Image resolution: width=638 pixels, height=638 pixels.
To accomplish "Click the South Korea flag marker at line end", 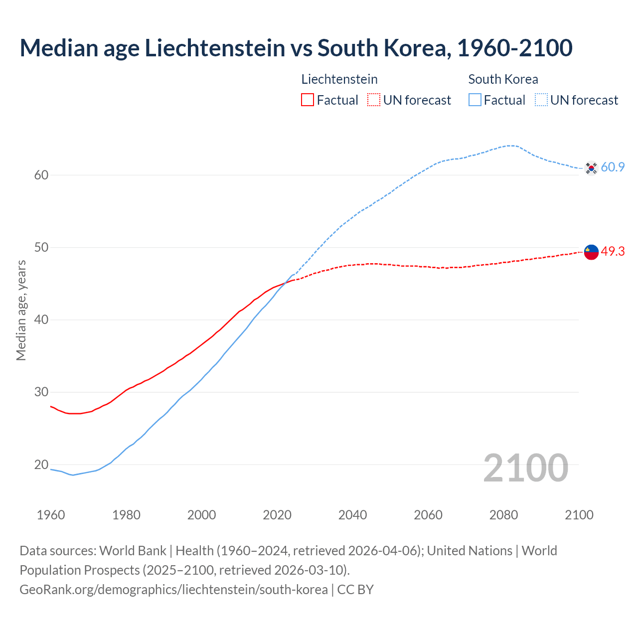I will coord(591,168).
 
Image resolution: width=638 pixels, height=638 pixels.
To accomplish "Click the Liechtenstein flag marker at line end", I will coord(591,252).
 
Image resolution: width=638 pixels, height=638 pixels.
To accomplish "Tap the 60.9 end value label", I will coord(613,167).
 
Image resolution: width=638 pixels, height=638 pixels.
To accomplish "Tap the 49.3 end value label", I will coord(613,252).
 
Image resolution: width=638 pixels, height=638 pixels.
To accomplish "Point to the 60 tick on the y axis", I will coord(41,175).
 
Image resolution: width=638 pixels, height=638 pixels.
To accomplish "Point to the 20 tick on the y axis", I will coord(41,465).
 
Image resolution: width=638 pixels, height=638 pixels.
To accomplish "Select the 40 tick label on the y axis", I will coord(41,319).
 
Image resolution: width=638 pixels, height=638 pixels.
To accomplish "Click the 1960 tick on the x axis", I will coord(51,515).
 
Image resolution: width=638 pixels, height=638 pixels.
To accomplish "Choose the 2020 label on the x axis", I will coord(277,515).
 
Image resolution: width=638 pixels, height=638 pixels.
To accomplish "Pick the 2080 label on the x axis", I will coord(503,515).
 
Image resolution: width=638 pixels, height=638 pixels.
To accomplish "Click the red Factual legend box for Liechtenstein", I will coord(308,100).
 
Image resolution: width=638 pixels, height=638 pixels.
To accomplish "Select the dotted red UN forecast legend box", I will coord(374,100).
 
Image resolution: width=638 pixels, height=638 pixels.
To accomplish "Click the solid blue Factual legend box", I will coord(475,100).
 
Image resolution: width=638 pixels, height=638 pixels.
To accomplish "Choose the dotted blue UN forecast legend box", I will coord(541,100).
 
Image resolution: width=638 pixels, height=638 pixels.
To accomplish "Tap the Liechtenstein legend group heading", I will coord(339,79).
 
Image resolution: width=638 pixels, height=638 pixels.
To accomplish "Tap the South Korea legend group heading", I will coord(503,79).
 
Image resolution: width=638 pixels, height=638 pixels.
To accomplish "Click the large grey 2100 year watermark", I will coord(525,468).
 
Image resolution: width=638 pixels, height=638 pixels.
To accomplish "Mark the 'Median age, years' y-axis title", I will coord(21,310).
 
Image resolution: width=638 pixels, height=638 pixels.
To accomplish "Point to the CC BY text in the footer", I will coord(355,590).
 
